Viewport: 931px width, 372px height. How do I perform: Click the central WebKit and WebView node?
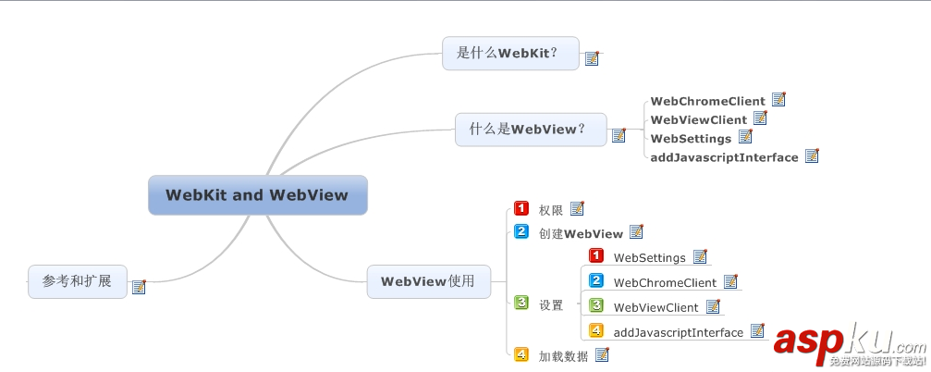(257, 195)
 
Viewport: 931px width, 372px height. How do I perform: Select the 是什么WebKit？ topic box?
(510, 53)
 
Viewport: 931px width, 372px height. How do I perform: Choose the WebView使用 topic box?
(428, 281)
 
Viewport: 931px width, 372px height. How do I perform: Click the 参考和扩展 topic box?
(77, 280)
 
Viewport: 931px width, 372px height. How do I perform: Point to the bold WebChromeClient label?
(707, 101)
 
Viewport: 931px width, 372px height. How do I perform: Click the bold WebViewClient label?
(698, 119)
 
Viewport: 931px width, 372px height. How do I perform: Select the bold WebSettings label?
(691, 138)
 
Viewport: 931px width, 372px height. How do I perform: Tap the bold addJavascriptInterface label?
(724, 157)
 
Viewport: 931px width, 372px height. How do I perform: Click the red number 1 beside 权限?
(521, 209)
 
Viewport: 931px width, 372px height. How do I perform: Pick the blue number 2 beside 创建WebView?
(521, 232)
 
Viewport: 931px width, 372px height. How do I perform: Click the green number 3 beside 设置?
(521, 304)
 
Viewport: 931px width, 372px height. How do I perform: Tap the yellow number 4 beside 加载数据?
(521, 354)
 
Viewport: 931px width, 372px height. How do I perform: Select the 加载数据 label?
(563, 355)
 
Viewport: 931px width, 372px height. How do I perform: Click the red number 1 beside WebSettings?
(596, 256)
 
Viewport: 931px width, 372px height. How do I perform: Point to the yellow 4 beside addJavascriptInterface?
(596, 331)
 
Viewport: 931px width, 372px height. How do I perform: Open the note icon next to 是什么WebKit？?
(592, 58)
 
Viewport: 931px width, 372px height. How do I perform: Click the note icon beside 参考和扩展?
(139, 287)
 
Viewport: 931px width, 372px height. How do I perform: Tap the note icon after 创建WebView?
(636, 232)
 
